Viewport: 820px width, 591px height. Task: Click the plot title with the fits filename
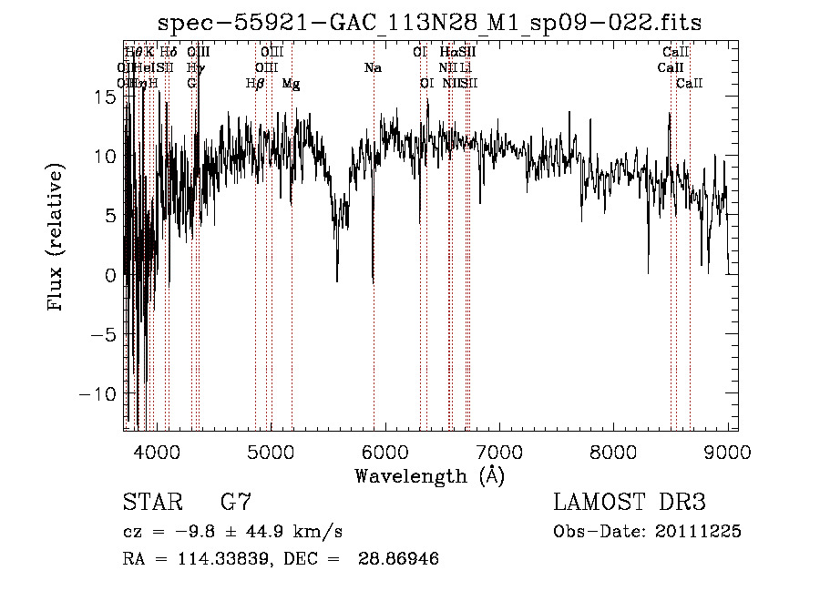pyautogui.click(x=430, y=23)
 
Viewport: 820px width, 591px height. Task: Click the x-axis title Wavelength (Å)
pyautogui.click(x=429, y=475)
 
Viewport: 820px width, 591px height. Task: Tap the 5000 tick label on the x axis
pyautogui.click(x=271, y=450)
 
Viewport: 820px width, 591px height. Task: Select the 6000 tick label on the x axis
pyautogui.click(x=385, y=450)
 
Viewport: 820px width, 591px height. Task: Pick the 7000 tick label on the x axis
pyautogui.click(x=499, y=450)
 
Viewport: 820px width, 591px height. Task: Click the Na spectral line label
pyautogui.click(x=372, y=68)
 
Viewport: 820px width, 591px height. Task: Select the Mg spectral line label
pyautogui.click(x=291, y=84)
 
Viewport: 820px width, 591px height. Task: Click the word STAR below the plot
pyautogui.click(x=152, y=502)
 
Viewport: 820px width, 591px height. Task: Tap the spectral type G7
pyautogui.click(x=236, y=502)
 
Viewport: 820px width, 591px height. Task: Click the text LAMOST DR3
pyautogui.click(x=630, y=502)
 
